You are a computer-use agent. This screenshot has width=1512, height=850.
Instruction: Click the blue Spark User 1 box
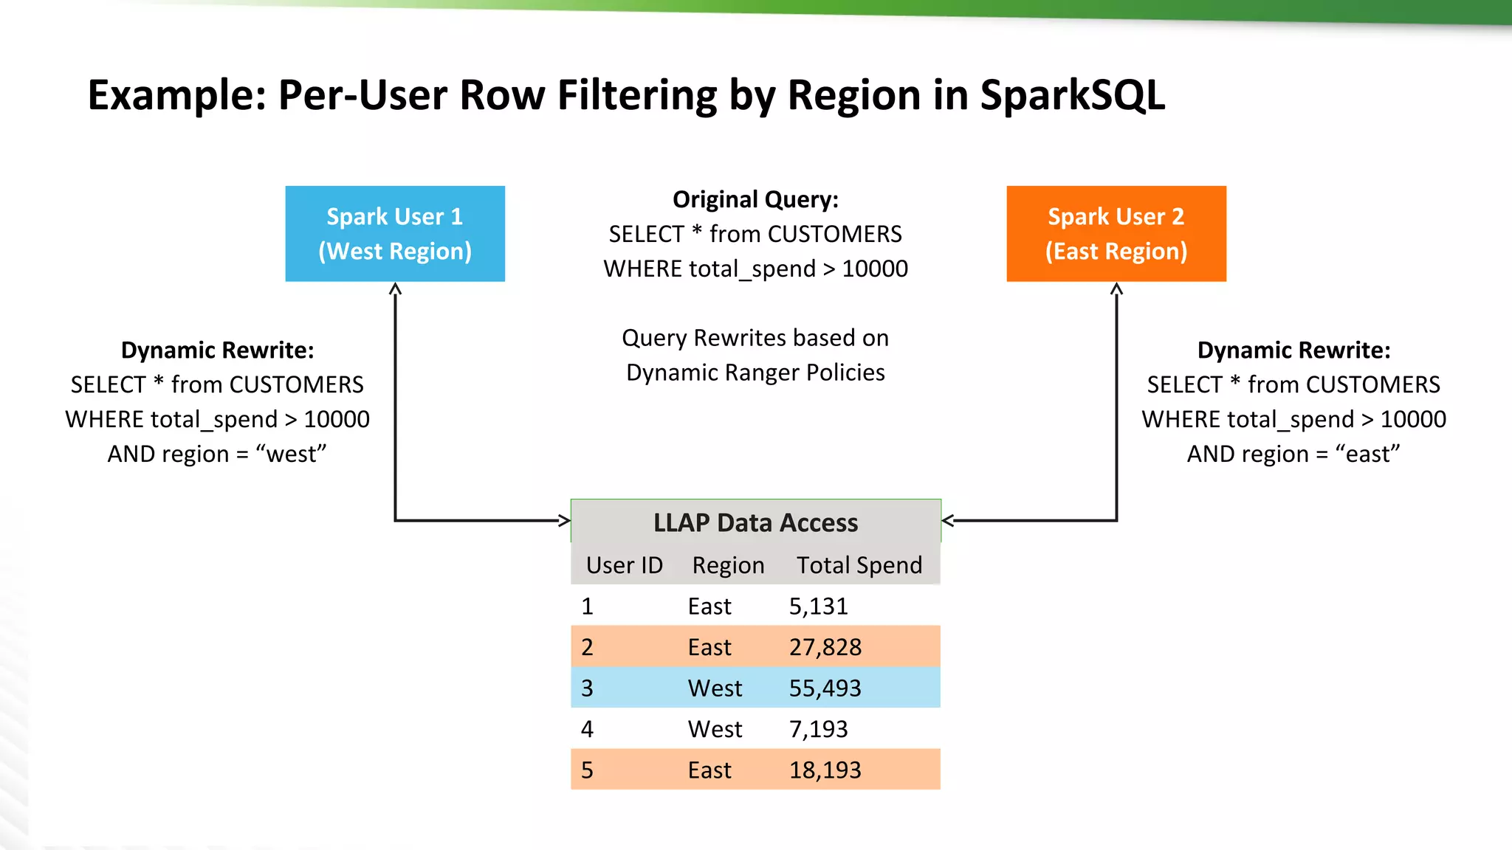point(395,233)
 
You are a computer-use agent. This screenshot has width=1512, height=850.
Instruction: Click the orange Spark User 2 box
point(1116,233)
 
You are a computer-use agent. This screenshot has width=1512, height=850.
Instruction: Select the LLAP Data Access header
point(755,522)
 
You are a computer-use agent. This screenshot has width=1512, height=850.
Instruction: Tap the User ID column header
point(624,565)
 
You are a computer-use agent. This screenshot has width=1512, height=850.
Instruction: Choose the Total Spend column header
point(859,565)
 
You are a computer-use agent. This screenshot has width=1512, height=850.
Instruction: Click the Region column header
point(728,565)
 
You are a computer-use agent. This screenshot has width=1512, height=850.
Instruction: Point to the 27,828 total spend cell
point(825,647)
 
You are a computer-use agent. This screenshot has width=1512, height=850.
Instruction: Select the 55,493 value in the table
point(825,688)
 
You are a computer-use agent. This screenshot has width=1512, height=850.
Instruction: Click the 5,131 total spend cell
point(818,607)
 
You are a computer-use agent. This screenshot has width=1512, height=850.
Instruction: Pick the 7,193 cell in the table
point(818,729)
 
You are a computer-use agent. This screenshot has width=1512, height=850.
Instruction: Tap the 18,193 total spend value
point(825,770)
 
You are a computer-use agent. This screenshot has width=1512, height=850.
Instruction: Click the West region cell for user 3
point(715,688)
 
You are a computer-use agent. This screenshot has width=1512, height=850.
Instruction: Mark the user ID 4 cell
point(587,729)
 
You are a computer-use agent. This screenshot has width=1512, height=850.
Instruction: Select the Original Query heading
point(755,200)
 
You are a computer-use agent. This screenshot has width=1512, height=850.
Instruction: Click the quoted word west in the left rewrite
point(291,455)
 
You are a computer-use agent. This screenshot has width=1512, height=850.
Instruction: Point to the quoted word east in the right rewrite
point(1367,455)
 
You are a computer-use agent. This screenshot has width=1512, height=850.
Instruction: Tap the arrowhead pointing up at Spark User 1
point(396,288)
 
